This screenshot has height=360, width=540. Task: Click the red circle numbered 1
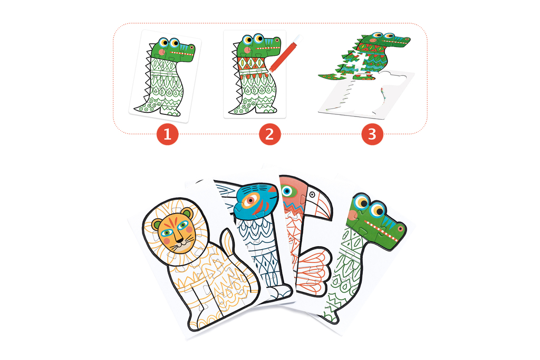tap(167, 134)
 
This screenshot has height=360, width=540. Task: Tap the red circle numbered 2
tap(269, 134)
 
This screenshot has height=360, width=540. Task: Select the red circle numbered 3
tap(372, 134)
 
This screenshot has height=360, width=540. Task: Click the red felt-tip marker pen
tap(285, 53)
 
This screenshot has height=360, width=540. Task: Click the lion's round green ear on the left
tap(157, 226)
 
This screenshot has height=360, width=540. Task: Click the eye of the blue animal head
tap(250, 199)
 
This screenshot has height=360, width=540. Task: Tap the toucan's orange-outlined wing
tap(314, 271)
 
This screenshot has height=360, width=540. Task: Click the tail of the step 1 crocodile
tap(144, 105)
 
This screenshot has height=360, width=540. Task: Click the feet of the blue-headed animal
tap(280, 292)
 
